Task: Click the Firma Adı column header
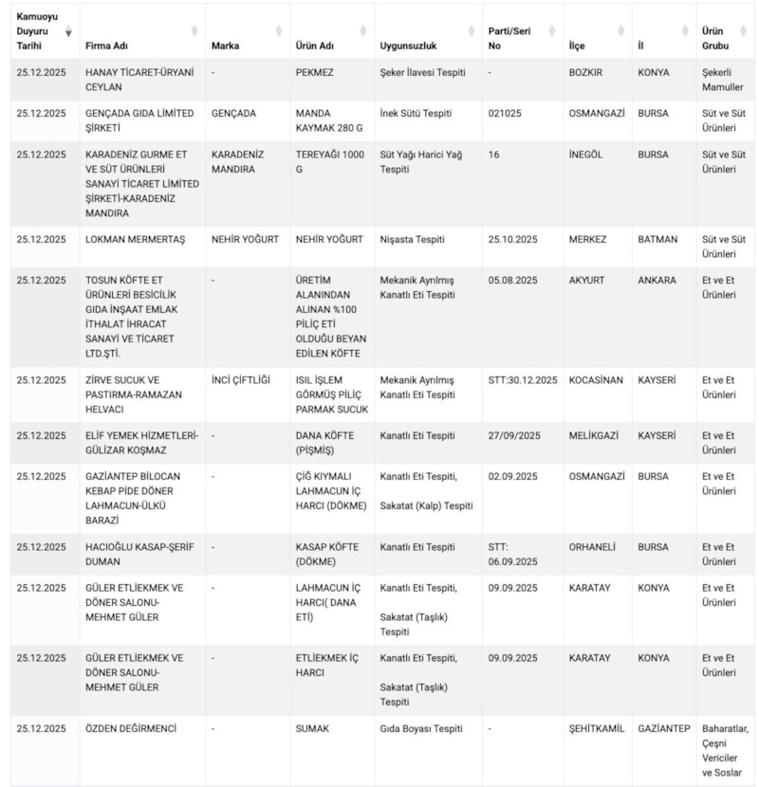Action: coord(107,46)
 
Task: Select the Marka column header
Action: coord(225,46)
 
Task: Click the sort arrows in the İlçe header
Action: coord(620,30)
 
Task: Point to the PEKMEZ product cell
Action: coord(314,72)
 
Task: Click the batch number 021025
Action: coord(506,113)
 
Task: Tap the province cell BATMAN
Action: coord(657,239)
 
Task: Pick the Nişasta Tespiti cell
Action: coord(412,239)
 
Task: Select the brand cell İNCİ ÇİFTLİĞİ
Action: coord(241,380)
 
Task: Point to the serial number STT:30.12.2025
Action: coord(523,380)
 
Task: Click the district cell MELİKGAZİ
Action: coord(593,436)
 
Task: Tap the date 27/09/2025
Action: coord(513,436)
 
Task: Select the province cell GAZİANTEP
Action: coord(664,728)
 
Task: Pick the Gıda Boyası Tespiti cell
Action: coord(421,728)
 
